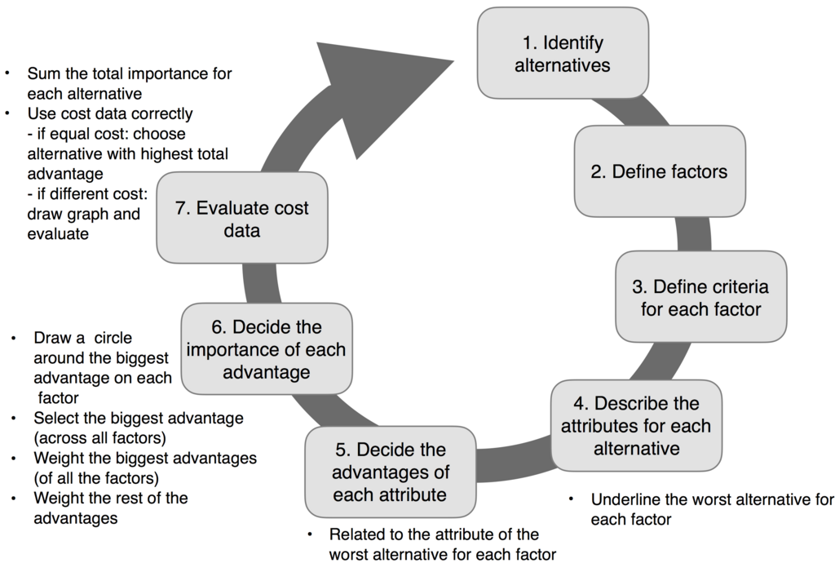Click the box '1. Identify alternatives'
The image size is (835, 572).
click(563, 53)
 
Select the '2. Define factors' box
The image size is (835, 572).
click(659, 171)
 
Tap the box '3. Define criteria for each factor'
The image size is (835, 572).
click(700, 298)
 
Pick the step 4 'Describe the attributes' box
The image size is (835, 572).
click(636, 425)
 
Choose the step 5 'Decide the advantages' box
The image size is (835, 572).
click(391, 472)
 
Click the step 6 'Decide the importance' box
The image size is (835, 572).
click(266, 349)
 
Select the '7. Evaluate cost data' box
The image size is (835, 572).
click(242, 219)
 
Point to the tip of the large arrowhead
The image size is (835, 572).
click(453, 60)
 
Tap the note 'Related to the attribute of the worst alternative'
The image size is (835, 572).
click(441, 544)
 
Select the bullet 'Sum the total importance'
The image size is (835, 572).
click(129, 83)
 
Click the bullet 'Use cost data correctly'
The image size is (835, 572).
click(110, 113)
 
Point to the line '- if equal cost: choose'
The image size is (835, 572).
click(106, 133)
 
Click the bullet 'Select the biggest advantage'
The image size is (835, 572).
click(138, 428)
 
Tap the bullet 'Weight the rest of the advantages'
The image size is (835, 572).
click(110, 507)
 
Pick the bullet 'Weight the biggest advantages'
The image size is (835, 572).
click(144, 468)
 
